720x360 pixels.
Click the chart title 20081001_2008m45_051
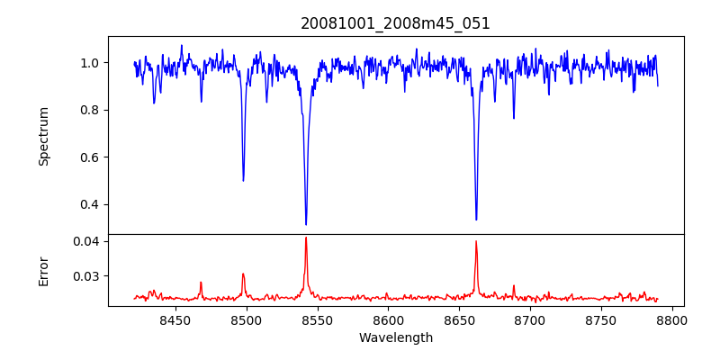396,23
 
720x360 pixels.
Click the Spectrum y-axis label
43,136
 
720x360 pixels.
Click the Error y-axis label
43,271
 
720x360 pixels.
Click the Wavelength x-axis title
396,338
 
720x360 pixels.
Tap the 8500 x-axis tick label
246,319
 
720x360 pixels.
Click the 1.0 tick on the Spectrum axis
90,63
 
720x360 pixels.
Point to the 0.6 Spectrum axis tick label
90,157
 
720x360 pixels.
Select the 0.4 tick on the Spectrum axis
90,204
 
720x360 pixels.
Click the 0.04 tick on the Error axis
86,241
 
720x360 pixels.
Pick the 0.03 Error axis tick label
86,276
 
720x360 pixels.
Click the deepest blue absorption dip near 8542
306,223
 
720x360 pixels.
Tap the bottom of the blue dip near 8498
243,180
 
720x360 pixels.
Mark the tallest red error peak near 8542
306,238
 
